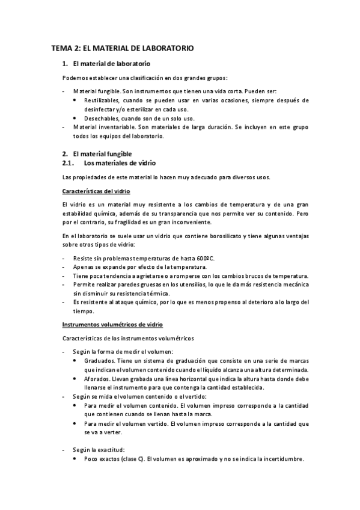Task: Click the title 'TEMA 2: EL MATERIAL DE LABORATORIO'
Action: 122,48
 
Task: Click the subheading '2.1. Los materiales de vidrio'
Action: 109,163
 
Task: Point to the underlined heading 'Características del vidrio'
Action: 96,191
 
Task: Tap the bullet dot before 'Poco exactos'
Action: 75,459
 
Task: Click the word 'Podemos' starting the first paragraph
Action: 76,78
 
